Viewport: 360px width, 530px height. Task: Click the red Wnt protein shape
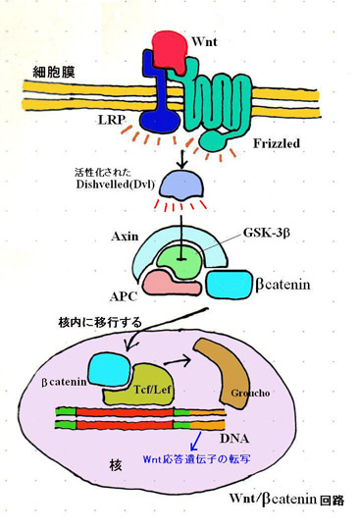click(170, 51)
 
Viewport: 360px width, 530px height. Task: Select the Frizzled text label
click(277, 143)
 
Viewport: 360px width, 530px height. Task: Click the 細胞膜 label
click(54, 72)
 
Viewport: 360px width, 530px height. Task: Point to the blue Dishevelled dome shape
click(181, 186)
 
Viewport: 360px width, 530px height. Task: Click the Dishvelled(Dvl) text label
click(115, 185)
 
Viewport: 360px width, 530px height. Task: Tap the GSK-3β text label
click(266, 233)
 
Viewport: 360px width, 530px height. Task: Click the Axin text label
click(125, 237)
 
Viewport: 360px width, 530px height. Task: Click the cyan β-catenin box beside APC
click(229, 285)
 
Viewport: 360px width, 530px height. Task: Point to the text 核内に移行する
click(100, 323)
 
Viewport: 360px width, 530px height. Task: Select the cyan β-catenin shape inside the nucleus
click(110, 369)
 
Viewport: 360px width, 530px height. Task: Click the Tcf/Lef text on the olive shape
click(152, 390)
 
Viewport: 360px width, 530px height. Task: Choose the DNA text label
click(234, 439)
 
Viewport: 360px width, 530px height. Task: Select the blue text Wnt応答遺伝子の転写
click(196, 459)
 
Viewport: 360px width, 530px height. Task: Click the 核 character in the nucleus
click(116, 465)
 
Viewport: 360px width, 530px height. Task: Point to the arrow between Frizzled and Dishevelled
click(182, 159)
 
